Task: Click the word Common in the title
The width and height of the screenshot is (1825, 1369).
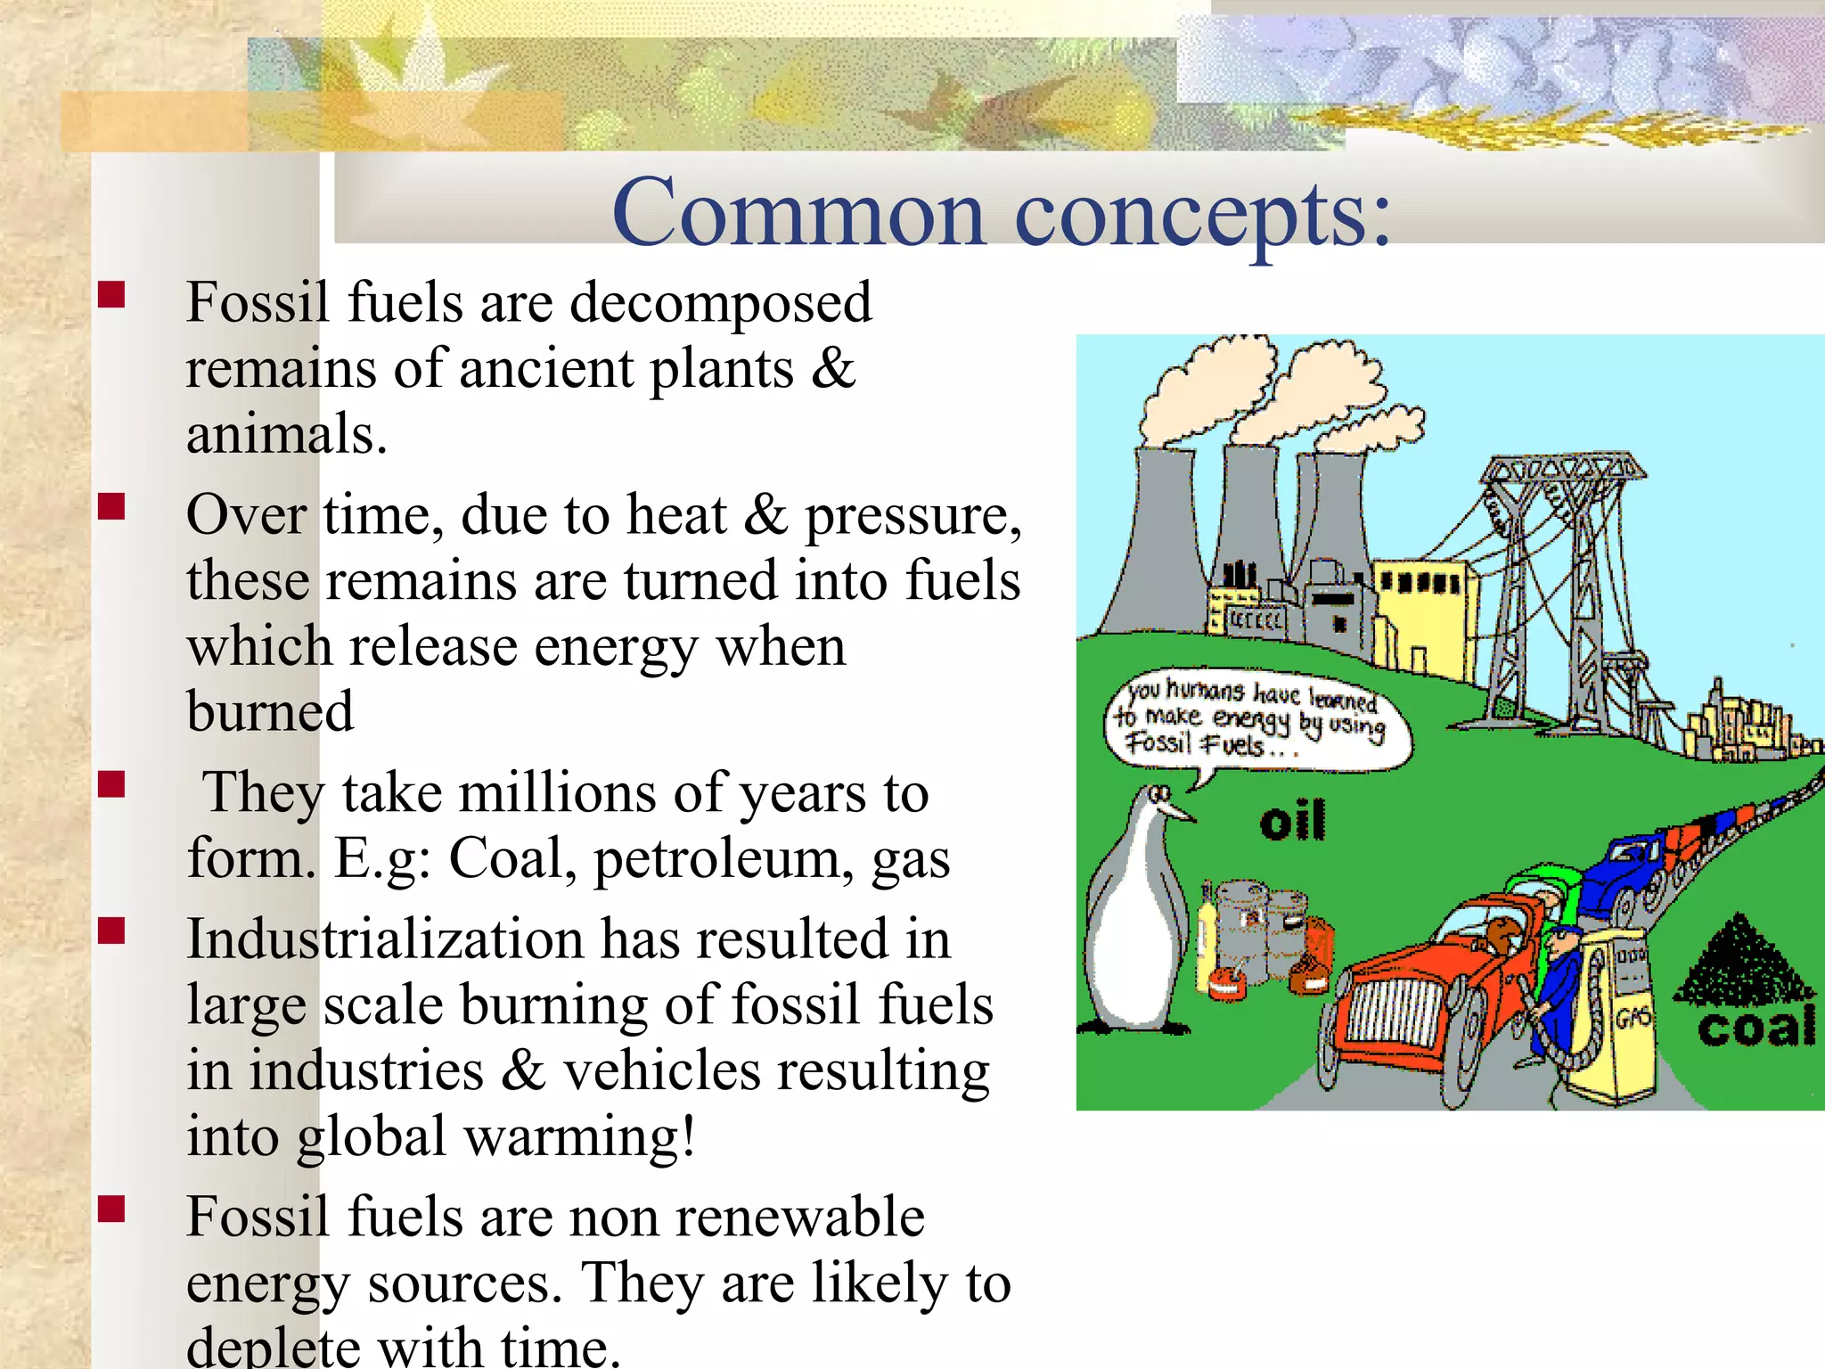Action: tap(799, 214)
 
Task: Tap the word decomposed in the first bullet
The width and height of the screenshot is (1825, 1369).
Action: tap(720, 303)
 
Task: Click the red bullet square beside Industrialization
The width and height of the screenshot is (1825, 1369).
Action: tap(111, 931)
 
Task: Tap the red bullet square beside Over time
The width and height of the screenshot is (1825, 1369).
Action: tap(111, 507)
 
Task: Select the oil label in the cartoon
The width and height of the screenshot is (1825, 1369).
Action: tap(1291, 821)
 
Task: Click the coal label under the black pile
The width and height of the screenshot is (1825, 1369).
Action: tap(1755, 1028)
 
